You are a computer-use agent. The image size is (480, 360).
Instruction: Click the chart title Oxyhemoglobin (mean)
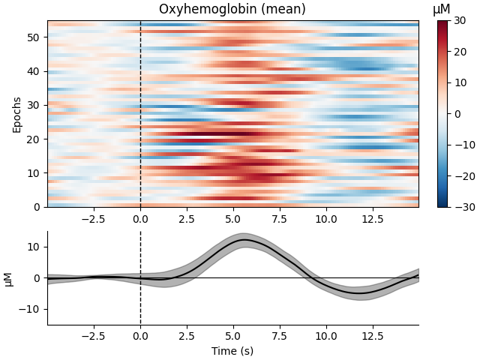pyautogui.click(x=232, y=10)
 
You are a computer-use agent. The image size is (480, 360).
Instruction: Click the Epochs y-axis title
pyautogui.click(x=17, y=113)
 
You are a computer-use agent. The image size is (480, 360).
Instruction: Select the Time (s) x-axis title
pyautogui.click(x=232, y=351)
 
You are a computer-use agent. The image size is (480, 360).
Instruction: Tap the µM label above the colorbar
pyautogui.click(x=442, y=10)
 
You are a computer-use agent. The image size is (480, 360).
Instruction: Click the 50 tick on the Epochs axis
pyautogui.click(x=34, y=37)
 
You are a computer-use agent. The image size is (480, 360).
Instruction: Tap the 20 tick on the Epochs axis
pyautogui.click(x=34, y=139)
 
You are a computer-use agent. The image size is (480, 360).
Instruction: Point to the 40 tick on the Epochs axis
pyautogui.click(x=34, y=71)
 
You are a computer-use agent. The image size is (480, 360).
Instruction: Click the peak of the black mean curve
pyautogui.click(x=244, y=240)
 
